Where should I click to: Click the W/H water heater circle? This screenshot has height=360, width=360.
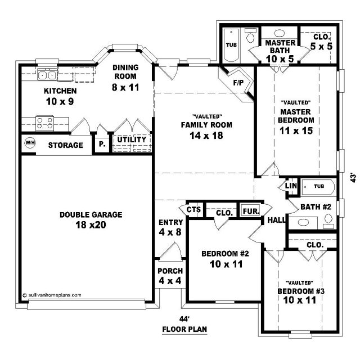click(x=30, y=142)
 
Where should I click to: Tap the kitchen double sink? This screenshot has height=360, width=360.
click(x=47, y=75)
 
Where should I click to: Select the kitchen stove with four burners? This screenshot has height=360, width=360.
click(x=45, y=123)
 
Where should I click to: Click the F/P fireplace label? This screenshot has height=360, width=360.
click(x=238, y=83)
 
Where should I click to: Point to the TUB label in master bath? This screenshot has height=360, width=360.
click(x=231, y=45)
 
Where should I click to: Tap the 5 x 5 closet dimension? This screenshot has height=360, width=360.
click(x=321, y=46)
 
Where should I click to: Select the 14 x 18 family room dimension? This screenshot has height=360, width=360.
click(x=206, y=136)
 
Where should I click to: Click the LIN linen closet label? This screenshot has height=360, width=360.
click(x=291, y=186)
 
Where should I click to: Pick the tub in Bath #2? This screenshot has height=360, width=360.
click(x=318, y=187)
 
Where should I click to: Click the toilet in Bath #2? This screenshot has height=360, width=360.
click(x=328, y=221)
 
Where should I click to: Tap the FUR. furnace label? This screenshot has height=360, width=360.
click(x=251, y=211)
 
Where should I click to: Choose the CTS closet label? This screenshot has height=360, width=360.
click(x=193, y=210)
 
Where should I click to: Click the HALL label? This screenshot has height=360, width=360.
click(x=276, y=220)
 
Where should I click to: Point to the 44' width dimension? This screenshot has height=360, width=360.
click(x=184, y=319)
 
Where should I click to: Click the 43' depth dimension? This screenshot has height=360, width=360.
click(x=353, y=178)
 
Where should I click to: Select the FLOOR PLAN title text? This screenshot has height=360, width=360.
click(x=184, y=329)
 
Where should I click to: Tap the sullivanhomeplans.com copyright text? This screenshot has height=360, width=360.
click(x=52, y=295)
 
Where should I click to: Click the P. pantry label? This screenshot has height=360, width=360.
click(x=102, y=144)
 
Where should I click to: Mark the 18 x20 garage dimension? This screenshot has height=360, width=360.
click(x=91, y=225)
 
